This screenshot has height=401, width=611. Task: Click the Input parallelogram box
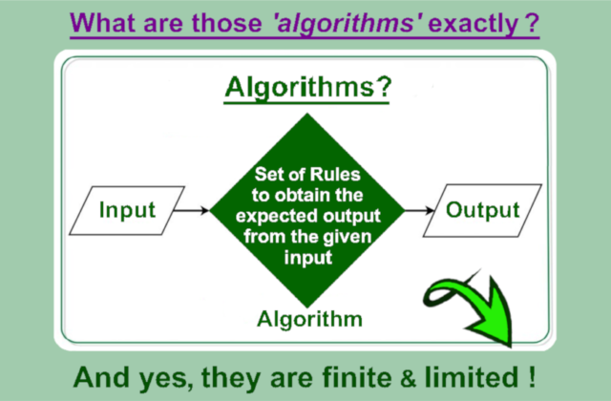[127, 211]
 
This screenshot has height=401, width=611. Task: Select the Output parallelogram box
[482, 210]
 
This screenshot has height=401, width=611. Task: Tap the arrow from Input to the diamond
[192, 210]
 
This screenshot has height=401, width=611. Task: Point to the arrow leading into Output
[419, 210]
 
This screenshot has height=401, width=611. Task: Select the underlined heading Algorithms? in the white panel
[307, 88]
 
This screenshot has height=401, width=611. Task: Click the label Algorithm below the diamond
[309, 320]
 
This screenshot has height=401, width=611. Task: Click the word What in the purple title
[103, 23]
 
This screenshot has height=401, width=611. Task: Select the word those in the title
[226, 23]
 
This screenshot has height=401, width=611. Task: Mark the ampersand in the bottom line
[408, 379]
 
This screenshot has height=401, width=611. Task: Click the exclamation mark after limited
[532, 377]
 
